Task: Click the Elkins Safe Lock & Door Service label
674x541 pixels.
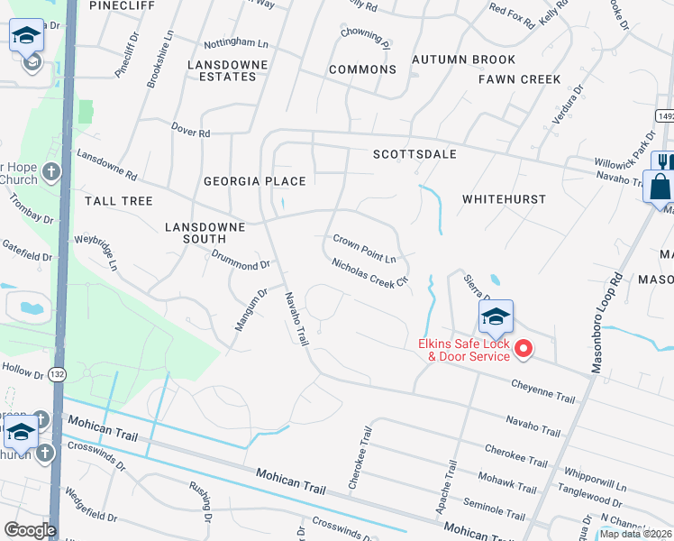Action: [x=463, y=350]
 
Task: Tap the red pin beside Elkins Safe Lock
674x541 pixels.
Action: [x=522, y=349]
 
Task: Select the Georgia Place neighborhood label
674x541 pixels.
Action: [x=255, y=181]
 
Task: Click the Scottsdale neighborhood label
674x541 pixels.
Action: [x=415, y=154]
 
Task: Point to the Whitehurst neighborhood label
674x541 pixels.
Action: [x=504, y=197]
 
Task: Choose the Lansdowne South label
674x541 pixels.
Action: [x=205, y=233]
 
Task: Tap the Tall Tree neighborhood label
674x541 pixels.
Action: [x=119, y=200]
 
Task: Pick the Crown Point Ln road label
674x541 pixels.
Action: [x=365, y=248]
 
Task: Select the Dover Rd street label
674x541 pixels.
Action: [x=190, y=133]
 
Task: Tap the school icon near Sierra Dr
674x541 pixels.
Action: [x=496, y=316]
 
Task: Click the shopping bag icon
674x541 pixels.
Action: [x=660, y=187]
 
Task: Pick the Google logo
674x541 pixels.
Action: [x=30, y=529]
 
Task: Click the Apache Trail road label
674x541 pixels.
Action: [x=447, y=490]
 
